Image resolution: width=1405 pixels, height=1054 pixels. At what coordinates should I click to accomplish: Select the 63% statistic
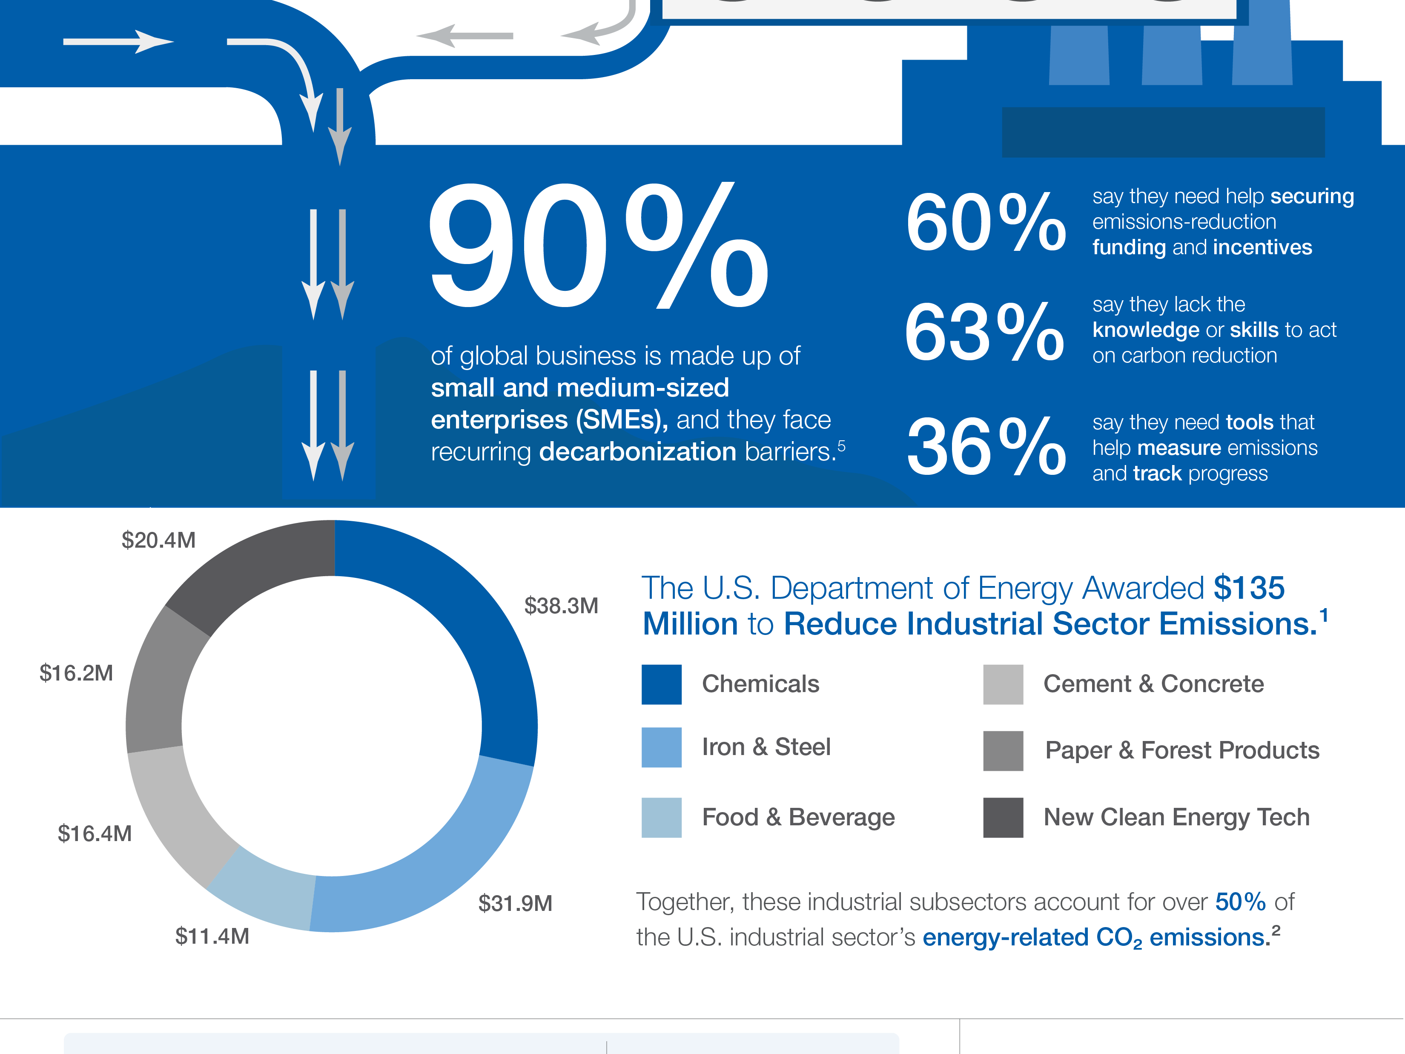click(x=984, y=332)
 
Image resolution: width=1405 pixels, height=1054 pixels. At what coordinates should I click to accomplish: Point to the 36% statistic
click(x=985, y=447)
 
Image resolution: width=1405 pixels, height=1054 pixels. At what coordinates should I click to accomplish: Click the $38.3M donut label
click(x=561, y=606)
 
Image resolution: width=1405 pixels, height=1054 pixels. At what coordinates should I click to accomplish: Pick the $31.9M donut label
click(x=515, y=903)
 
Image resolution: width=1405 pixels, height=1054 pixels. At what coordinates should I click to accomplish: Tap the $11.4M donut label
click(x=212, y=936)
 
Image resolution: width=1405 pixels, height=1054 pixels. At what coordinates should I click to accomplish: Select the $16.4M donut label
click(x=95, y=833)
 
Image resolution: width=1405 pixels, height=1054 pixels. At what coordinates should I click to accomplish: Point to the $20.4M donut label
click(x=158, y=540)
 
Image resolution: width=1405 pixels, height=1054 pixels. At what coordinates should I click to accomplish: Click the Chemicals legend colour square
click(x=661, y=684)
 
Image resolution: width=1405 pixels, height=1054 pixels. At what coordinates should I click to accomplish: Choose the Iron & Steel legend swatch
click(x=661, y=747)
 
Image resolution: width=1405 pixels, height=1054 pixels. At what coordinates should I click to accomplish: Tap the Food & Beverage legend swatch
click(x=661, y=817)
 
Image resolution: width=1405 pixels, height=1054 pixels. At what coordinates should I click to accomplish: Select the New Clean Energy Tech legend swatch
click(x=1003, y=817)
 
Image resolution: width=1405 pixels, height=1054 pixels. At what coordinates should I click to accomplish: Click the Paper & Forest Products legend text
click(x=1182, y=750)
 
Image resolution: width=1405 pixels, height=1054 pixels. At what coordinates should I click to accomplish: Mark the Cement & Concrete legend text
click(x=1153, y=684)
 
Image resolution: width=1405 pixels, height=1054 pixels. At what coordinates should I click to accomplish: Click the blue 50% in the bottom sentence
click(x=1240, y=902)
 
